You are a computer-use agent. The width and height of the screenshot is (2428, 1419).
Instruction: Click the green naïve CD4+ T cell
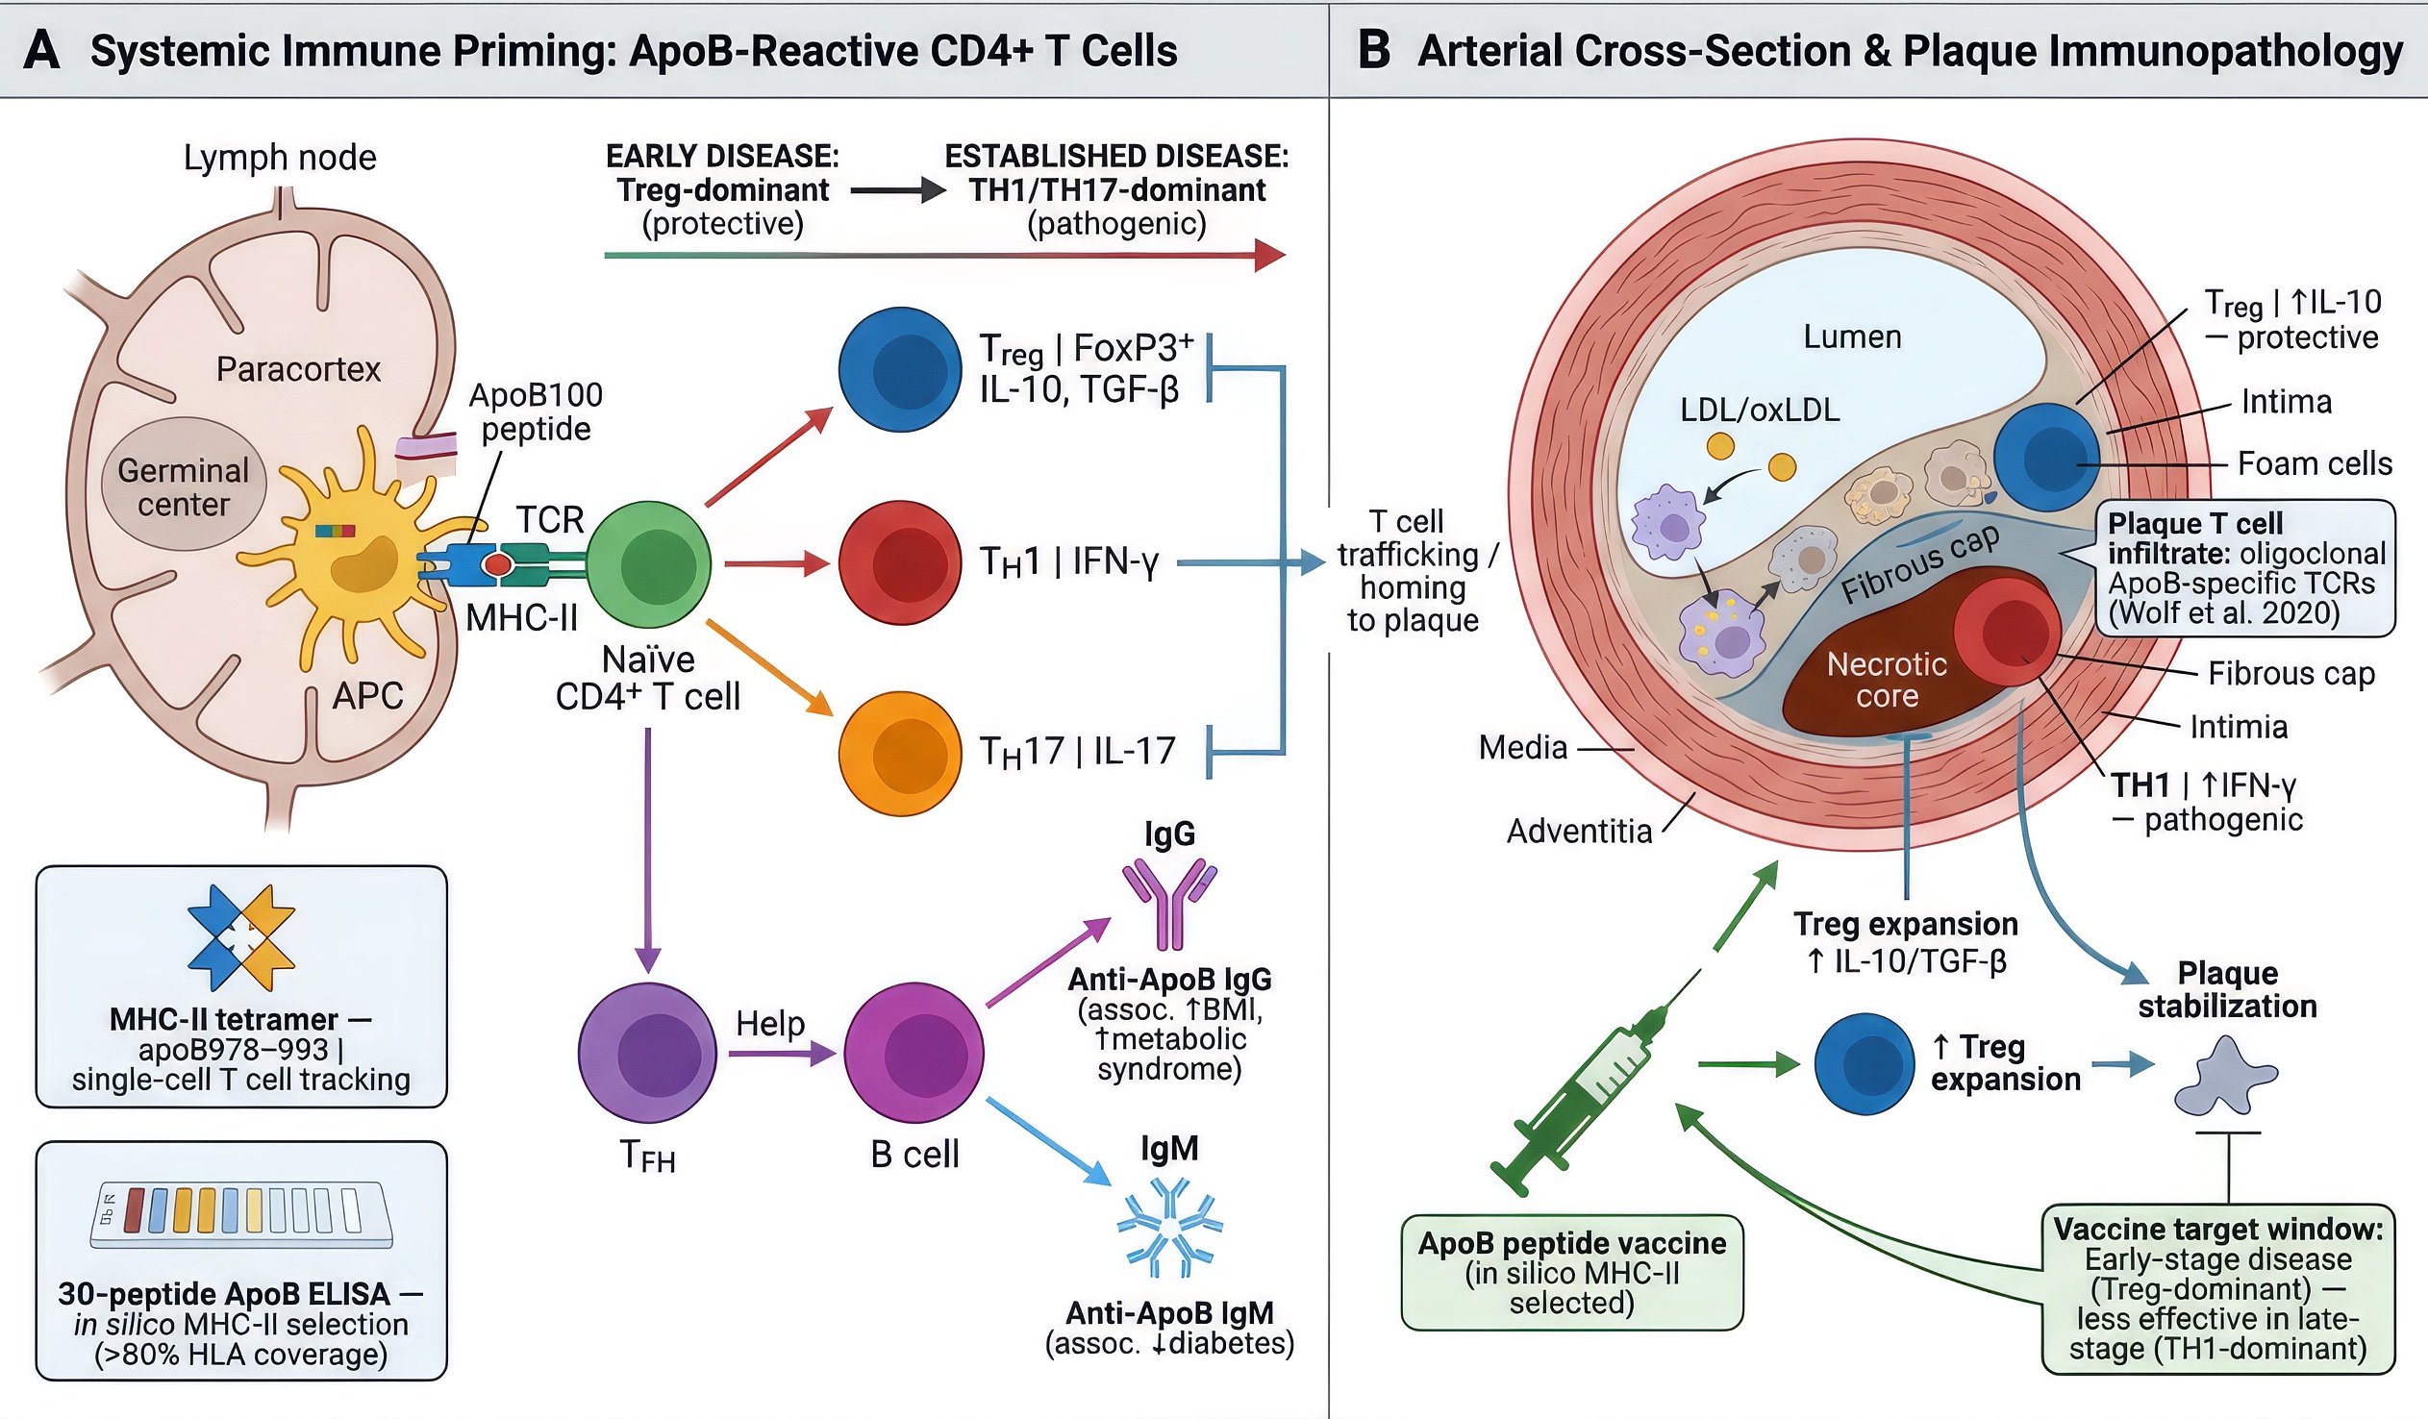click(648, 564)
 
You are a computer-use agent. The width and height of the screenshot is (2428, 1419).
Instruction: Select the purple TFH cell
click(647, 1053)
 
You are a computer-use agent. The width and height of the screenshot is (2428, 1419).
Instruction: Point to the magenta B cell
click(914, 1053)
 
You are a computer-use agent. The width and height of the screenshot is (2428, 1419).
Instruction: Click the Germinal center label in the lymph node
click(183, 487)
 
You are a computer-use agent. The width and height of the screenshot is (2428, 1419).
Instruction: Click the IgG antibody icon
click(1168, 902)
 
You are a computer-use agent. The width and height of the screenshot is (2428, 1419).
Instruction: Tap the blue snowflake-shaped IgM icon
click(1168, 1228)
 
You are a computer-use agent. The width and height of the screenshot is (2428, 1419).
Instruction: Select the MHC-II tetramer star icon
click(240, 937)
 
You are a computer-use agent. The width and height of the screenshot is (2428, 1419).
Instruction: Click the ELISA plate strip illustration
click(240, 1214)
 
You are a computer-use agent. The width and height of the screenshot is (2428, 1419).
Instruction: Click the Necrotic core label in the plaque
click(1886, 679)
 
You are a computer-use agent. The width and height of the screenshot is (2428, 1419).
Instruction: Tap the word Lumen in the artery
click(1852, 337)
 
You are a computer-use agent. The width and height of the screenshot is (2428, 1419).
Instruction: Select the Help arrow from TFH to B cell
click(781, 1055)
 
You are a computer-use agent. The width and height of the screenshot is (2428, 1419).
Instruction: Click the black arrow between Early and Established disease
click(897, 190)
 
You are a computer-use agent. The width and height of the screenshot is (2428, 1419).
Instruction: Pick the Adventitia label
click(1578, 831)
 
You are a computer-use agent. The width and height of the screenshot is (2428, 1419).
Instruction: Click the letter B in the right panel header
click(1373, 50)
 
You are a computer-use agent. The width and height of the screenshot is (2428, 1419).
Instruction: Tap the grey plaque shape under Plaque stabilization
click(2226, 1077)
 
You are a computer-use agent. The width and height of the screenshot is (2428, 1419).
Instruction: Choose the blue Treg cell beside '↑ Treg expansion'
click(1864, 1063)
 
